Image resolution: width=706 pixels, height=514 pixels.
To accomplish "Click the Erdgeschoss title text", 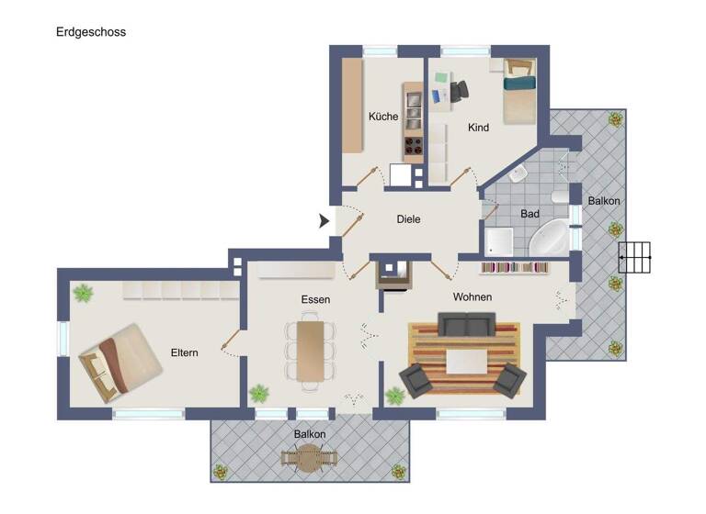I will pyautogui.click(x=91, y=32).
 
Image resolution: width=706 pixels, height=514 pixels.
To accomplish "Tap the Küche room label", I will pyautogui.click(x=382, y=117).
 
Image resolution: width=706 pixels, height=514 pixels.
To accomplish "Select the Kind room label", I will pyautogui.click(x=478, y=128).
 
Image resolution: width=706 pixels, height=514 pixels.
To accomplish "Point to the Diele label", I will pyautogui.click(x=408, y=219).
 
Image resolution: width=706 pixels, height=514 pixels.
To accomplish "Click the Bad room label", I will pyautogui.click(x=529, y=214).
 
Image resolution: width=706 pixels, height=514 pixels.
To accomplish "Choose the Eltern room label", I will pyautogui.click(x=184, y=352).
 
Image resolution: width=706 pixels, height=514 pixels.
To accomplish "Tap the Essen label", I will pyautogui.click(x=314, y=299).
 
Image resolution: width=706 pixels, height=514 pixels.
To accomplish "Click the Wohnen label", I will pyautogui.click(x=472, y=297).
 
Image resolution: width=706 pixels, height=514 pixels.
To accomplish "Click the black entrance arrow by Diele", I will pyautogui.click(x=325, y=220).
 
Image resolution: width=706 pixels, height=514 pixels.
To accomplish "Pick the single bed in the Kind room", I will pyautogui.click(x=519, y=92).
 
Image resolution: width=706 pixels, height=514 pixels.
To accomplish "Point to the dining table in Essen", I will pyautogui.click(x=310, y=349).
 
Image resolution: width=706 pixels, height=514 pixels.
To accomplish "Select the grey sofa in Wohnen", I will pyautogui.click(x=466, y=325).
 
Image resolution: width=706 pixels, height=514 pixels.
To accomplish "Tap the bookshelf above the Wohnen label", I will pyautogui.click(x=515, y=267).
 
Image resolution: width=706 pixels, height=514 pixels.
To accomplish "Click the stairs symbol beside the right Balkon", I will pyautogui.click(x=634, y=259).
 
